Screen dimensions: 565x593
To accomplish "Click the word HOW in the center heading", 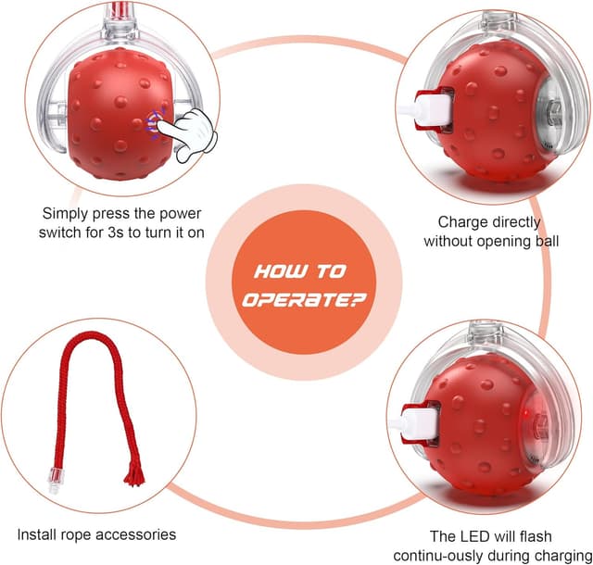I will [275, 271].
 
